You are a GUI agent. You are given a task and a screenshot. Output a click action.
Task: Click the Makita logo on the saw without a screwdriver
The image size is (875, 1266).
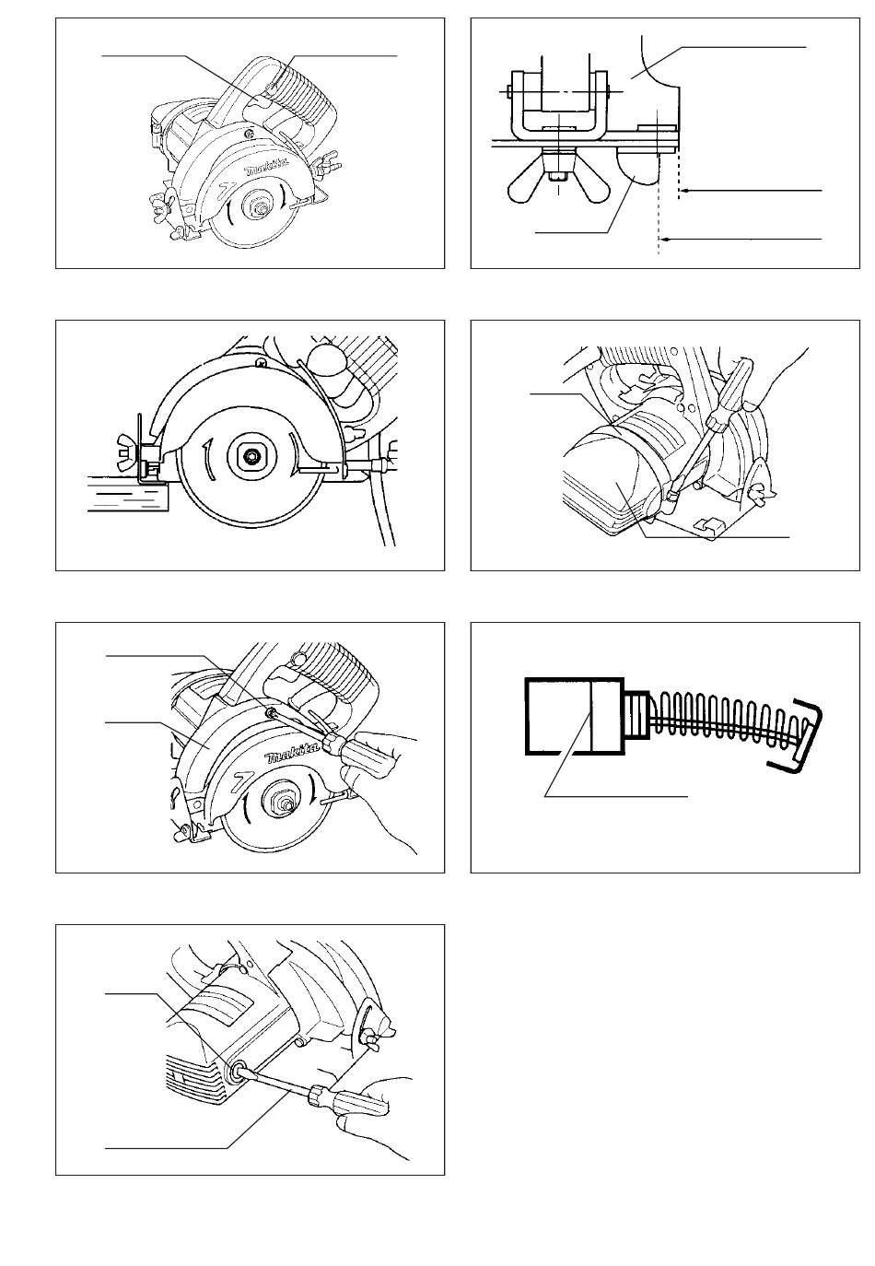coord(265,168)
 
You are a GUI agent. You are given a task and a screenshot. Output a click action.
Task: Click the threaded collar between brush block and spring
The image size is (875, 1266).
coord(636,715)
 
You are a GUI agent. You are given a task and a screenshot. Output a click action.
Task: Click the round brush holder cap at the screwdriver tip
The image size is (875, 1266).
coord(235,1070)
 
